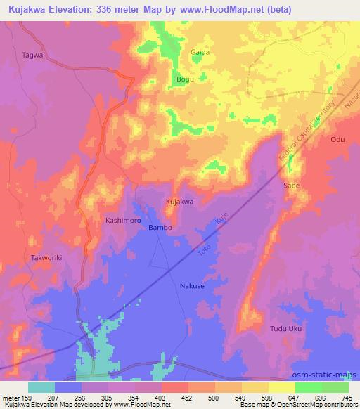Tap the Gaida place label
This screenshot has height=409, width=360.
click(x=200, y=52)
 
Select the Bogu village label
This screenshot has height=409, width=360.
click(x=185, y=79)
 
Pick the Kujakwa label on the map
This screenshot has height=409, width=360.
click(x=179, y=202)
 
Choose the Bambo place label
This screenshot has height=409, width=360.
click(x=160, y=228)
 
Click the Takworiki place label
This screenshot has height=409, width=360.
click(x=47, y=258)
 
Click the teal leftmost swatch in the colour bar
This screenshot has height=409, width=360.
click(x=41, y=387)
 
